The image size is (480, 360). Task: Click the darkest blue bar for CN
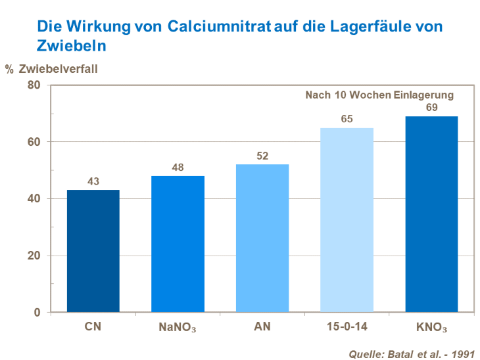click(x=93, y=251)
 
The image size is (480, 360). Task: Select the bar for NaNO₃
click(x=178, y=244)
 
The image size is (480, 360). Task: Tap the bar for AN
click(x=262, y=238)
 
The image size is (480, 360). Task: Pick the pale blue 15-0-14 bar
click(x=347, y=220)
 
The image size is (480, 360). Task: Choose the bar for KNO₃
click(x=431, y=214)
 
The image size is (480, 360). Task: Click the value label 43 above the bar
click(x=93, y=182)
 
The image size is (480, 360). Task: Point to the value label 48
click(x=178, y=168)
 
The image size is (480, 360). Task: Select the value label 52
click(x=262, y=156)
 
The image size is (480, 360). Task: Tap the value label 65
click(x=347, y=120)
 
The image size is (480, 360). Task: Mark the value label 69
click(x=431, y=108)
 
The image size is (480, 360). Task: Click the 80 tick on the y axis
click(x=34, y=85)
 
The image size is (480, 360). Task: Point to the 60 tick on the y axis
click(x=34, y=142)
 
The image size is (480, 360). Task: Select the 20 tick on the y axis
click(x=34, y=256)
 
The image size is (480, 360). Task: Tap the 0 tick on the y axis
click(x=37, y=312)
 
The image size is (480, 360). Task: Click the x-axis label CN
click(x=93, y=326)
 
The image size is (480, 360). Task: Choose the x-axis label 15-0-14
click(x=347, y=326)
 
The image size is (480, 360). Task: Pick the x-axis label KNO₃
click(x=431, y=326)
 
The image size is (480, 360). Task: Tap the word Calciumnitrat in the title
click(x=214, y=27)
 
